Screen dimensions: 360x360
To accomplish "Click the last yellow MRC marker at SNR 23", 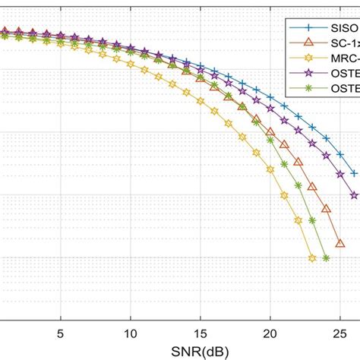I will [x=312, y=258].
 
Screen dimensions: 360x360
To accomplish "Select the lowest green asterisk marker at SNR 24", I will [x=326, y=258].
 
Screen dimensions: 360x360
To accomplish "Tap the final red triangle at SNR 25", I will [x=340, y=243].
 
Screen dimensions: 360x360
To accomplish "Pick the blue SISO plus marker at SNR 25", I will [x=340, y=156].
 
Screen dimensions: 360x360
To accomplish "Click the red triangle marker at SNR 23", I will [x=312, y=185].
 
